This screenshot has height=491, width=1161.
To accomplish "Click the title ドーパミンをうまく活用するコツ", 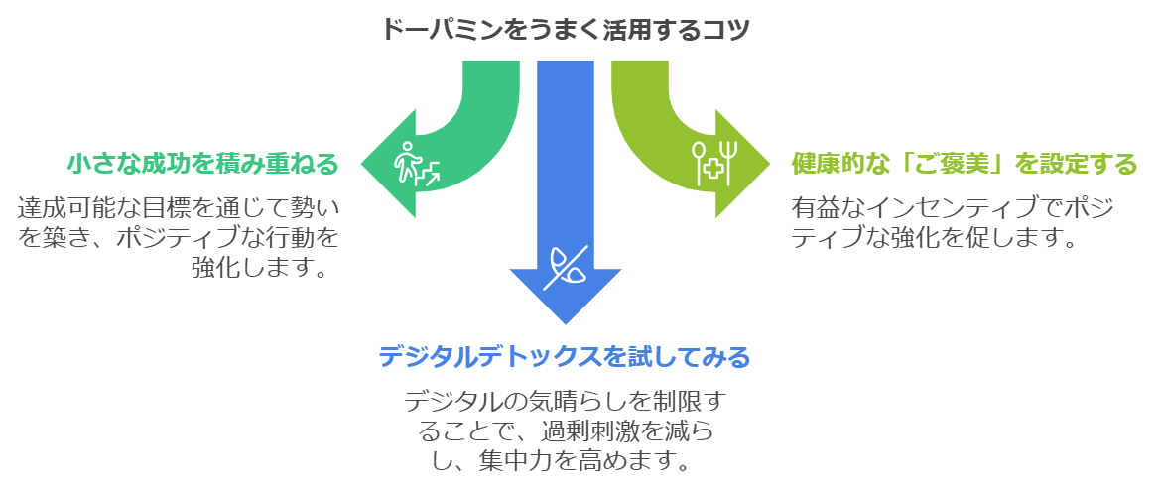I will point(565,28).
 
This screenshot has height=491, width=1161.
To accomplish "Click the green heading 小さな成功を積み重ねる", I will point(203,162).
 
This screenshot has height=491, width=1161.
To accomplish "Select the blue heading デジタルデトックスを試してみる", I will point(564,355).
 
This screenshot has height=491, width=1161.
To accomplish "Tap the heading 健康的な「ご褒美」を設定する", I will point(964,162).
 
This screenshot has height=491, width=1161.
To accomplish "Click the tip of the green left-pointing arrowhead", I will point(362,162).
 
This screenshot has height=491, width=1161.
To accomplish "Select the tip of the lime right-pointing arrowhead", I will point(768,162).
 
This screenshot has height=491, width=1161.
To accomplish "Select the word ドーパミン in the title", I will point(442,28).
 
